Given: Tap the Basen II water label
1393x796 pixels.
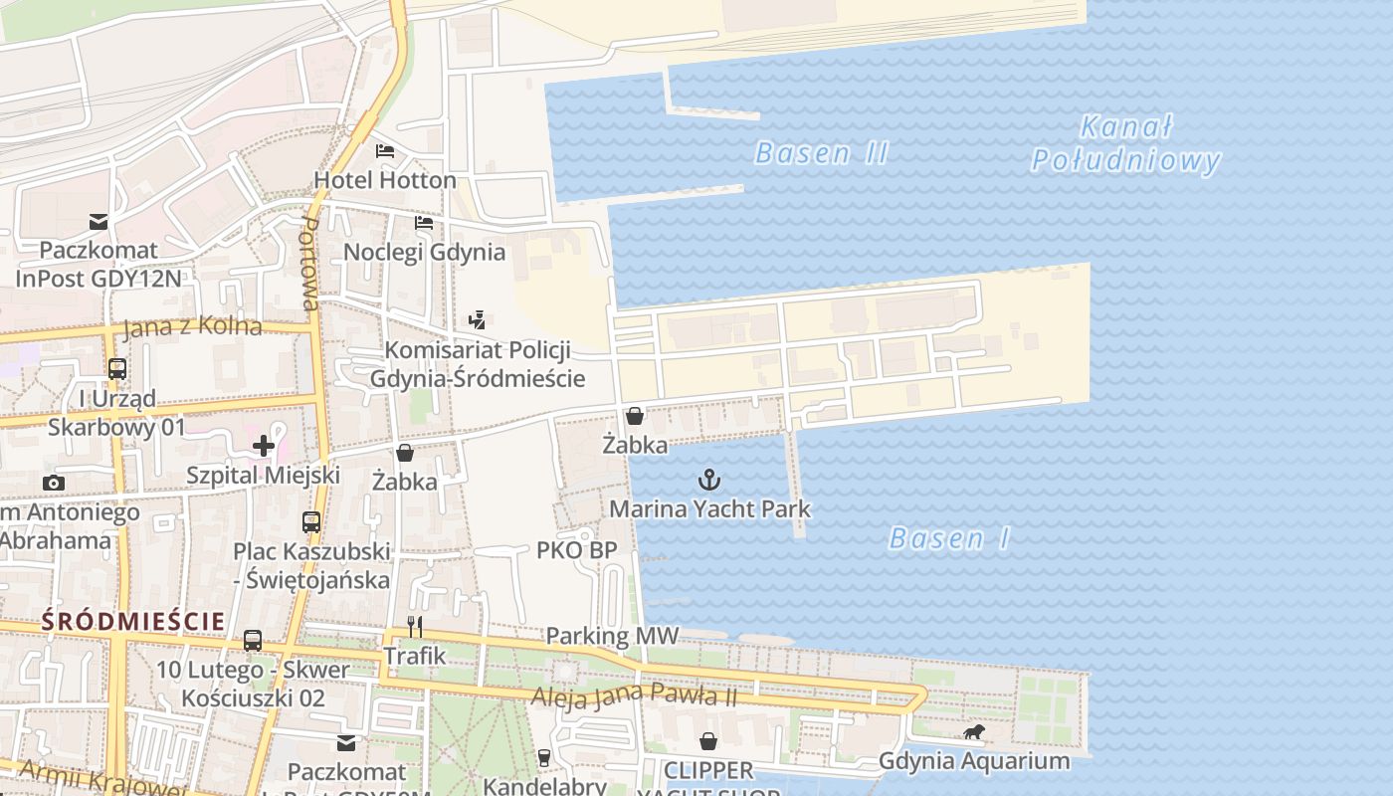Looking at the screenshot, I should tap(821, 153).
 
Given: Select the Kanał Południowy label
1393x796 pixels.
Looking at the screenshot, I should tap(1125, 144).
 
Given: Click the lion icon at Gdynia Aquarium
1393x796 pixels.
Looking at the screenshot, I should tap(973, 733).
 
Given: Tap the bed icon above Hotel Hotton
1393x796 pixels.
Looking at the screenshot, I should tap(385, 151).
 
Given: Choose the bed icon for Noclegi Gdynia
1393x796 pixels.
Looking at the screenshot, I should tap(424, 223).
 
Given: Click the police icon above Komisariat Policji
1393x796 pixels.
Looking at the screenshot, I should tap(478, 320).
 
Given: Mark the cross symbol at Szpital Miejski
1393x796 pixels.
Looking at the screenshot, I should tap(263, 446).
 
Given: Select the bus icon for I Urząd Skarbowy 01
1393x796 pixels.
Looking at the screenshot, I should tap(117, 369).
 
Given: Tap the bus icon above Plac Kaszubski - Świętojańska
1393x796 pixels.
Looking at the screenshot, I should tap(311, 521).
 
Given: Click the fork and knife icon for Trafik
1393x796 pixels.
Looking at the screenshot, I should tap(415, 627).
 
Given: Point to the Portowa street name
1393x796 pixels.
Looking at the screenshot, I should tap(310, 265).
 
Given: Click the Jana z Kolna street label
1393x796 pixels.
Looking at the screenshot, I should tap(192, 326).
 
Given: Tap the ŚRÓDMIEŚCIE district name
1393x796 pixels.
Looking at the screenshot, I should tap(132, 622).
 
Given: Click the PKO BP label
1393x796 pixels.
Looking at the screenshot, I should tap(576, 550).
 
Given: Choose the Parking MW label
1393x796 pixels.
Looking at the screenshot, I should tap(612, 636).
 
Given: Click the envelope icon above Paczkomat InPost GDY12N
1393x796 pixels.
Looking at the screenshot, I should tap(99, 221).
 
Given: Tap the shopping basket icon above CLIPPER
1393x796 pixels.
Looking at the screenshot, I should tap(708, 741).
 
